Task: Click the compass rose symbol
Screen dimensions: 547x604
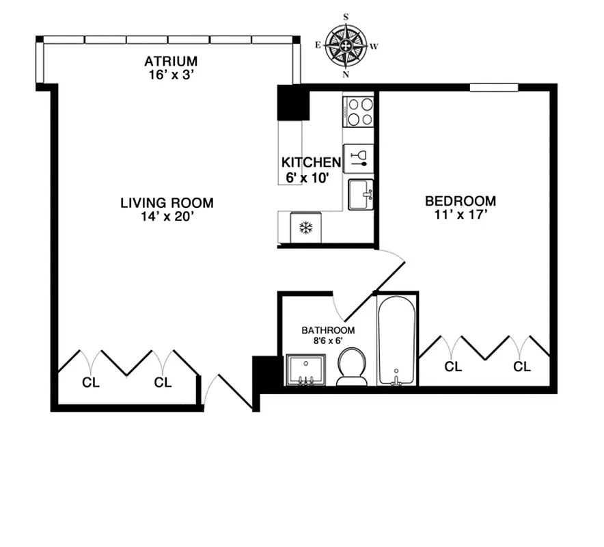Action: tap(346, 46)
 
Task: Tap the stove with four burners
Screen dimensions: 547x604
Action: tap(359, 111)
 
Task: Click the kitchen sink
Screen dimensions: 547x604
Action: tap(360, 194)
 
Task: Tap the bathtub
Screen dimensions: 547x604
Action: tap(396, 340)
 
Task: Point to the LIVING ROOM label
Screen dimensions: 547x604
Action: tap(167, 203)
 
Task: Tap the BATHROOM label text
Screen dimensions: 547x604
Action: tap(328, 330)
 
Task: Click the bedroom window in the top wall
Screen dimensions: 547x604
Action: tap(494, 87)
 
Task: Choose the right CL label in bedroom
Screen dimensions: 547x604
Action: tap(522, 367)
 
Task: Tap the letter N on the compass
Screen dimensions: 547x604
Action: tap(346, 75)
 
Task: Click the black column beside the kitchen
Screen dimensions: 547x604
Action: tap(289, 103)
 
